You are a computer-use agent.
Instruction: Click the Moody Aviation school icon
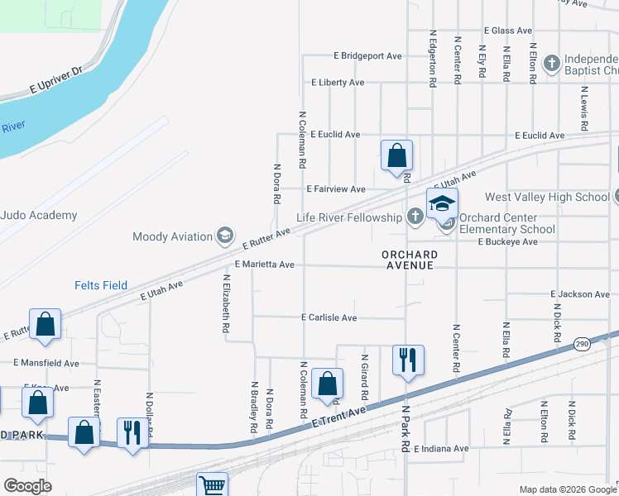(224, 236)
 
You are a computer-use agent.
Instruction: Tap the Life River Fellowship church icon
(415, 217)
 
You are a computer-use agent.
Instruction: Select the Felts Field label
(98, 285)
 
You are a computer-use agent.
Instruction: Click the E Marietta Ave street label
(265, 265)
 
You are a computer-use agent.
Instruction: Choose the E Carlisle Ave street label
(329, 317)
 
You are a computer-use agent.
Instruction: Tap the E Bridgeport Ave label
(367, 56)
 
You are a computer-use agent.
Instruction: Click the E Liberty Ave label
(337, 83)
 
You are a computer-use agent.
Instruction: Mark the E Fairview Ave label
(336, 188)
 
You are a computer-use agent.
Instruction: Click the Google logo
(27, 486)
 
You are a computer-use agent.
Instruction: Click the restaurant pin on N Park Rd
(408, 360)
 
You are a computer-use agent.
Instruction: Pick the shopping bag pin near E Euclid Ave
(396, 155)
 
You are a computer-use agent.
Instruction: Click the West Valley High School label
(546, 197)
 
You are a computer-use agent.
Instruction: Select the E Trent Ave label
(339, 417)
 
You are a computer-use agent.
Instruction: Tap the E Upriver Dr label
(56, 80)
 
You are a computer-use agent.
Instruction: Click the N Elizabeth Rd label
(225, 303)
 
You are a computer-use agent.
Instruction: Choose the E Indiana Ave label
(441, 449)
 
